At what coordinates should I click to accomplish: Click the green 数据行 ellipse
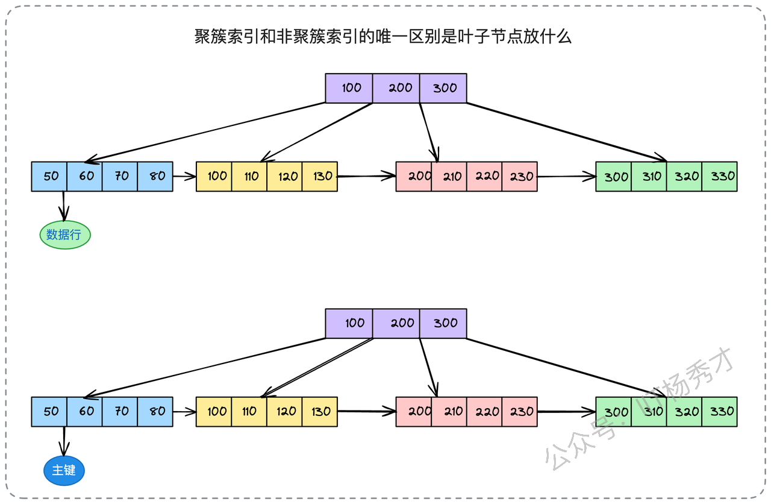[65, 235]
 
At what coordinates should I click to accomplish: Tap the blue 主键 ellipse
[64, 471]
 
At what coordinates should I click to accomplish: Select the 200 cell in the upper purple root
[396, 88]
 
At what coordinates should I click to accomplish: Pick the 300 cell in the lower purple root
[443, 324]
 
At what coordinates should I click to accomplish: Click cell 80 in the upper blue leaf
[155, 177]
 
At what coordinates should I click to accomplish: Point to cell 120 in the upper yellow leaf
[284, 177]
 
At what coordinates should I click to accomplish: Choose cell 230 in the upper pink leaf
[519, 177]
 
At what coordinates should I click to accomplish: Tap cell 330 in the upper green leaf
[719, 177]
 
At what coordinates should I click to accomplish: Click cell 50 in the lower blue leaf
[49, 412]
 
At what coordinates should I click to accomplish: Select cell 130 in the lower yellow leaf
[320, 412]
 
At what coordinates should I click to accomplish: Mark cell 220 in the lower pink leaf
[484, 412]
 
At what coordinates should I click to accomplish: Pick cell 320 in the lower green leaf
[684, 412]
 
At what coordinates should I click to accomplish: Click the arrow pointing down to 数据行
[63, 206]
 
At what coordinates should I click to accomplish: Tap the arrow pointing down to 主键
[64, 441]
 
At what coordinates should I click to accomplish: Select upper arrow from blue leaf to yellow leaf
[184, 177]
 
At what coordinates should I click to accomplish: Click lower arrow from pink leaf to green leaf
[567, 412]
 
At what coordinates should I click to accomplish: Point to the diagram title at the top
[382, 37]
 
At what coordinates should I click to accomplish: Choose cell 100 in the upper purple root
[349, 88]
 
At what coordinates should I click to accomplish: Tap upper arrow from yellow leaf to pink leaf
[367, 176]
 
